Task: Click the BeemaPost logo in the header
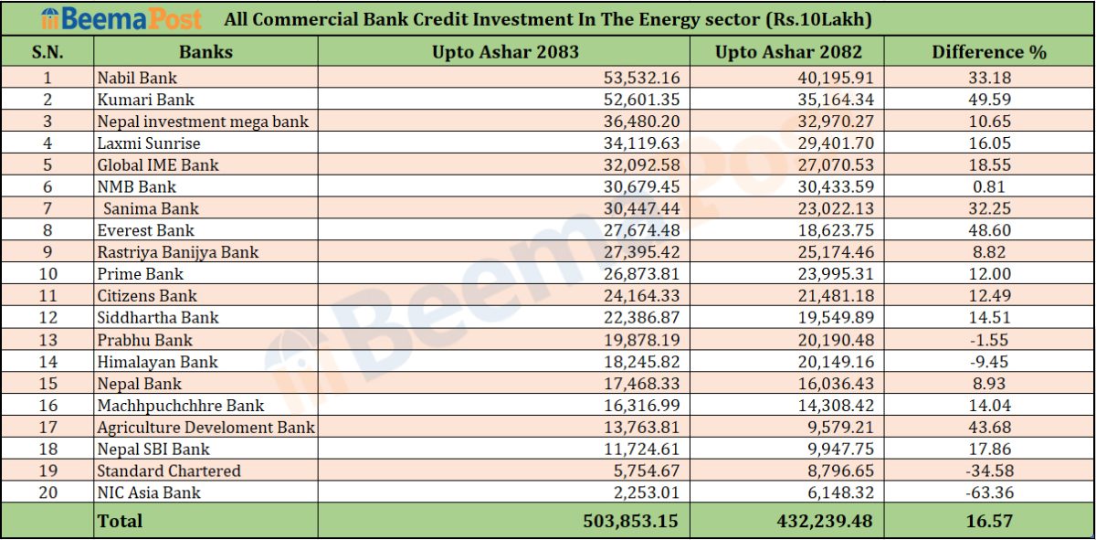(121, 19)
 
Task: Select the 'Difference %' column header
(989, 52)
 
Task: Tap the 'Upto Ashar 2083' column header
(505, 52)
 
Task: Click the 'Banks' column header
(205, 52)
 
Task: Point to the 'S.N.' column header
(47, 52)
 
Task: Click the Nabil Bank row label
(137, 78)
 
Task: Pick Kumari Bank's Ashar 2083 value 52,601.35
(641, 100)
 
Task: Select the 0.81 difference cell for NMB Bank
(989, 186)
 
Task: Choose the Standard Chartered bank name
(169, 471)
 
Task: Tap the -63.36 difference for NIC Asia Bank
(989, 492)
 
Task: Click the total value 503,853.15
(630, 521)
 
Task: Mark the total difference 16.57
(989, 521)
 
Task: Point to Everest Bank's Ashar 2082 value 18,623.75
(836, 230)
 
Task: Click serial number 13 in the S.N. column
(47, 340)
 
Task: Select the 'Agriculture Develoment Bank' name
(206, 428)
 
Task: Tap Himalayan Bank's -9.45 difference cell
(989, 361)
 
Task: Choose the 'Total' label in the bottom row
(120, 521)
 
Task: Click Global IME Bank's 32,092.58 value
(641, 165)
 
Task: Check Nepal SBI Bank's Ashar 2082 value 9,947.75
(840, 449)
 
